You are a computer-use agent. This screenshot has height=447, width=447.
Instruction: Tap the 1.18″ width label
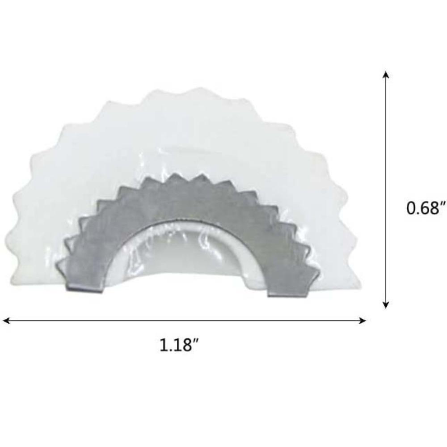point(179,345)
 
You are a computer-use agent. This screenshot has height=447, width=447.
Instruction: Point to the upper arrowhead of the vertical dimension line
point(386,75)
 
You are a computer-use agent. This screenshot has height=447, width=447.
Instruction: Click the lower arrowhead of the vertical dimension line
point(386,305)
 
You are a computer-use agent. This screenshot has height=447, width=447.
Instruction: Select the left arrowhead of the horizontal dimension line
point(6,320)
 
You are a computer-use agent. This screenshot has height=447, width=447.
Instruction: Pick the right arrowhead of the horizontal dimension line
point(362,320)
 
